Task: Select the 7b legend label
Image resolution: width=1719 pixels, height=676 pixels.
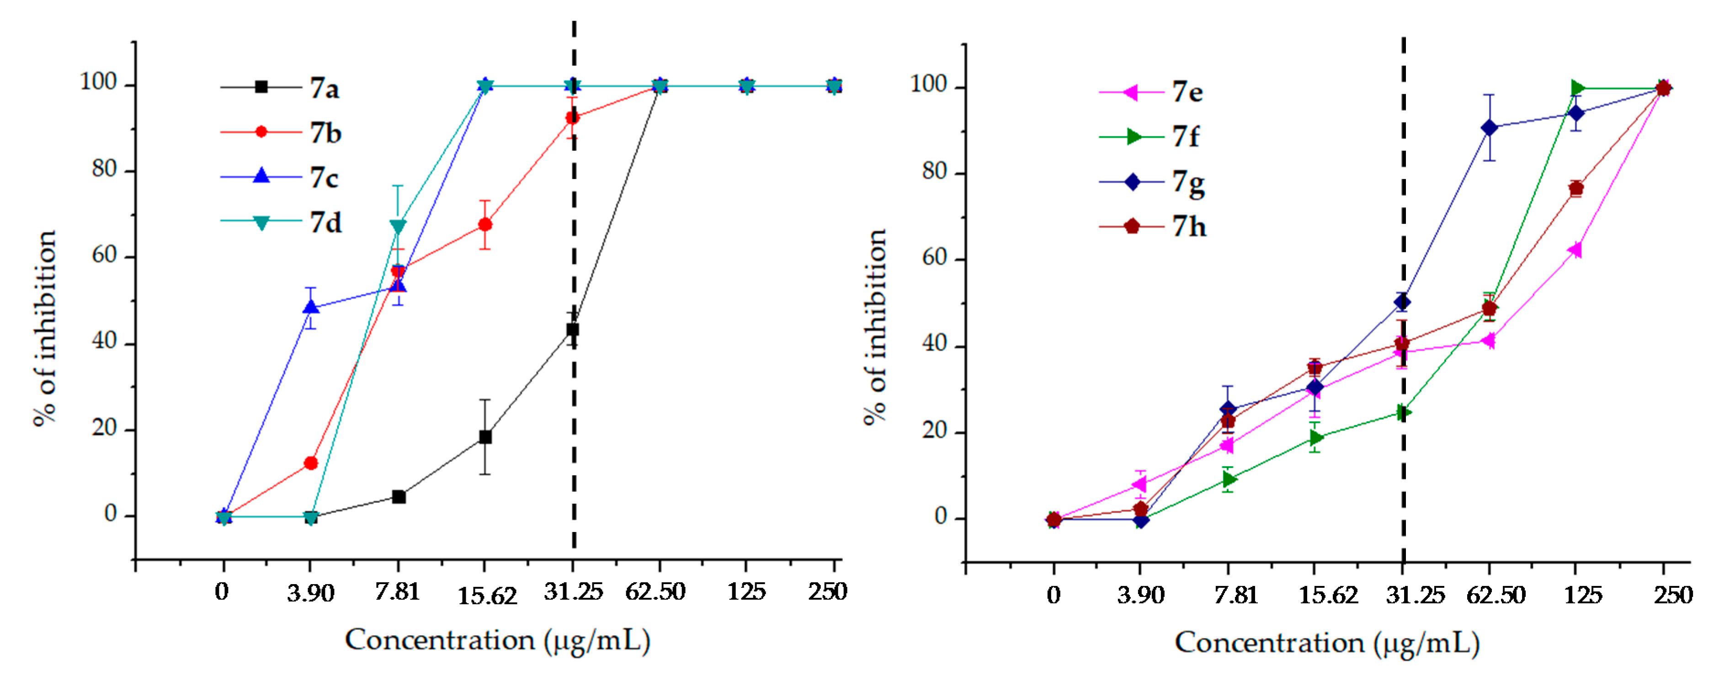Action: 325,133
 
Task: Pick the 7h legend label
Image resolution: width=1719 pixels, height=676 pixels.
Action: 1188,227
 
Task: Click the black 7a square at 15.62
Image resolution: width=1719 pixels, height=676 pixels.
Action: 485,437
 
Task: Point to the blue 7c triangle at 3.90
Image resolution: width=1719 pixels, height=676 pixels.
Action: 310,307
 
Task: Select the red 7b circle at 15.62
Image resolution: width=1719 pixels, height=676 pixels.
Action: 485,225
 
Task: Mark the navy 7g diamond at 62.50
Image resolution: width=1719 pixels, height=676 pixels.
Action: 1489,128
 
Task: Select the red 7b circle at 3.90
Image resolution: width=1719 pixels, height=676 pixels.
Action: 310,463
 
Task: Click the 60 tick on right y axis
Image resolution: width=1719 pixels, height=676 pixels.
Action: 934,258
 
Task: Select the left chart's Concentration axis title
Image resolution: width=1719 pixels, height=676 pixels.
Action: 497,641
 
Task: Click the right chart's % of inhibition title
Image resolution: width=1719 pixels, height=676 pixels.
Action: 875,327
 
